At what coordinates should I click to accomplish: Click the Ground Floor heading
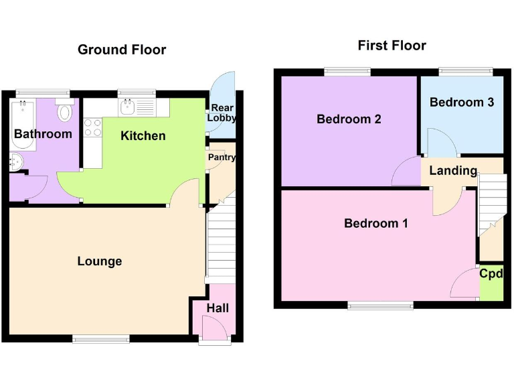[x=122, y=50]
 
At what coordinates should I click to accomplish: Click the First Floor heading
[x=392, y=46]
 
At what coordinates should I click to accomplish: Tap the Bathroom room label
[x=43, y=134]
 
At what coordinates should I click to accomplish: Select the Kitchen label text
[x=143, y=136]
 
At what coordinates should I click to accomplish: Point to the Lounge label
[x=100, y=261]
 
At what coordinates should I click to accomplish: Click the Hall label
[x=218, y=308]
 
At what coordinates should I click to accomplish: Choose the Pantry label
[x=222, y=157]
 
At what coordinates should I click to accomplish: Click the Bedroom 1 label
[x=375, y=223]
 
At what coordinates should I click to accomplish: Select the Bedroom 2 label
[x=349, y=119]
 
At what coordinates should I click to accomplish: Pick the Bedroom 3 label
[x=462, y=103]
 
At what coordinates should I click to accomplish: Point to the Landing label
[x=453, y=171]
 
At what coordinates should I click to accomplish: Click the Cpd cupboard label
[x=491, y=273]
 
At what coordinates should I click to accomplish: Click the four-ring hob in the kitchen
[x=92, y=127]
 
